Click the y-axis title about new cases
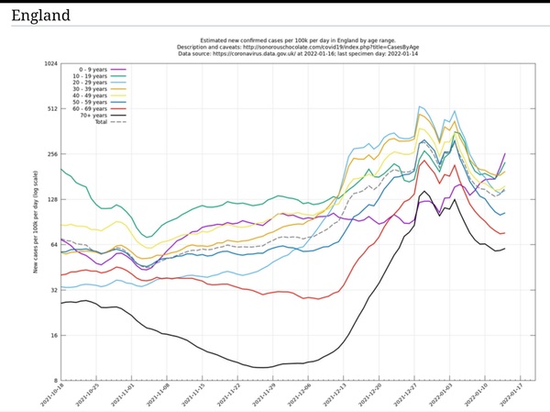coord(35,223)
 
